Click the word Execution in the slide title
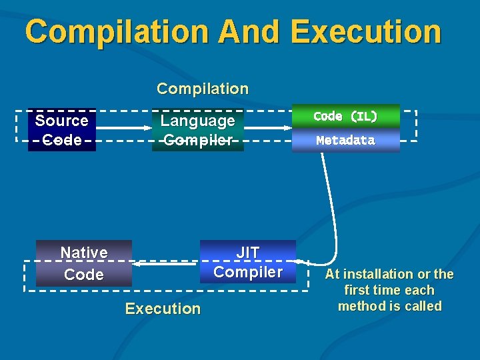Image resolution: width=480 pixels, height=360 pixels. pos(366,32)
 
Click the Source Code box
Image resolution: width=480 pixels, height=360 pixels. pos(61,130)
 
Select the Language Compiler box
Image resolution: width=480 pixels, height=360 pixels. pos(198,130)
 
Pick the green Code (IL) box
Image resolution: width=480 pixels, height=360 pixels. pos(345,116)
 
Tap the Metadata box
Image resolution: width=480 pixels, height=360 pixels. pos(345,141)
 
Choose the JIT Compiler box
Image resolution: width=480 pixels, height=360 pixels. pos(248,262)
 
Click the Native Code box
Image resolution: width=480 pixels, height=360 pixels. pos(84,263)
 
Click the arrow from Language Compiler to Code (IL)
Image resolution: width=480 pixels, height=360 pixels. pos(267,127)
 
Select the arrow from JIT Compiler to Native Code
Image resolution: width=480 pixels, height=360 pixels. pos(167,264)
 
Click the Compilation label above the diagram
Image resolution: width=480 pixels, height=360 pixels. pos(202,89)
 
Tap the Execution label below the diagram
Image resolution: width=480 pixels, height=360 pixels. pos(163,309)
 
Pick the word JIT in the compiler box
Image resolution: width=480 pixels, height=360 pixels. pos(248,253)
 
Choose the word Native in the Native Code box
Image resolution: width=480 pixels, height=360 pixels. pos(84,253)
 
